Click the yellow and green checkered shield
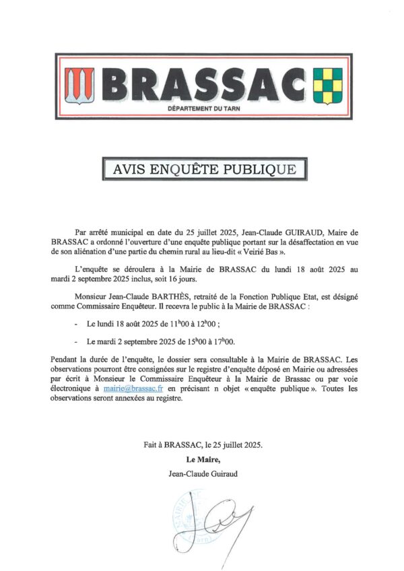click(x=329, y=85)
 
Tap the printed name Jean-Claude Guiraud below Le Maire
click(x=202, y=474)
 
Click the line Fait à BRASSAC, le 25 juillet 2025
click(x=202, y=445)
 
